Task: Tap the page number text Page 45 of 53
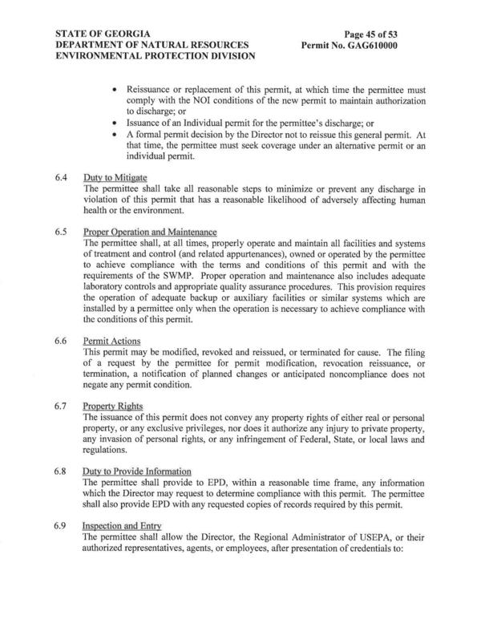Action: tap(376, 34)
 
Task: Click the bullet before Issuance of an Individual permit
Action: tap(118, 123)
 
